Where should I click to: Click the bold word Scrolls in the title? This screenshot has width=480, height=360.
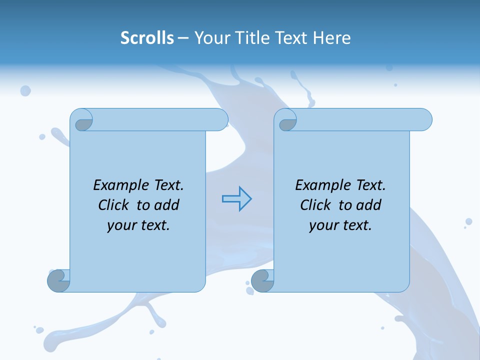147,38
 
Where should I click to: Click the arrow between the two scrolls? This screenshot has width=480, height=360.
236,199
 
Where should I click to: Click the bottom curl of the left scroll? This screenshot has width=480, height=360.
59,280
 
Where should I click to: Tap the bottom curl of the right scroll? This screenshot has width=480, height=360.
262,280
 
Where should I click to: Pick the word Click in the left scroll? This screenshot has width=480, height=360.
114,205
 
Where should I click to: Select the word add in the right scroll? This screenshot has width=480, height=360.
368,205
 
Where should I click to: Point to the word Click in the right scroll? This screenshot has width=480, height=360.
315,205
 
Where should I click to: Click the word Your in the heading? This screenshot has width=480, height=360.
211,38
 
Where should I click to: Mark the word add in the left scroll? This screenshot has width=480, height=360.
166,205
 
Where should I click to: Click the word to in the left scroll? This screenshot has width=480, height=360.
143,205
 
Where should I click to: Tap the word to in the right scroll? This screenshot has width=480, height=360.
345,205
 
